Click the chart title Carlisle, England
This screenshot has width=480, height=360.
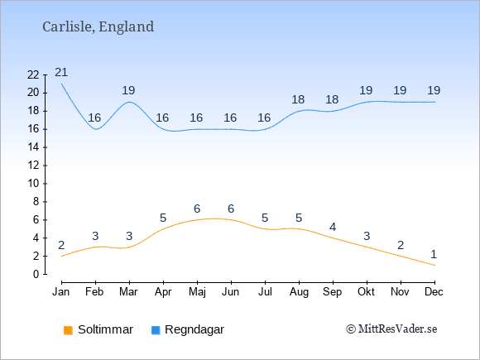click(x=98, y=27)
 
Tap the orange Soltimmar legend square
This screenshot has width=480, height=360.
click(x=68, y=330)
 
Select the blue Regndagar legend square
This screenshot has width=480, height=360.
click(x=156, y=330)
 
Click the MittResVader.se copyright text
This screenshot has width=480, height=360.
click(x=391, y=329)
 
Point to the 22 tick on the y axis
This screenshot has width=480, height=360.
click(x=33, y=74)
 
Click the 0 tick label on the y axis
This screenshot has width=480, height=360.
click(x=36, y=274)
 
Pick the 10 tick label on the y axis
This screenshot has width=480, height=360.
click(x=33, y=184)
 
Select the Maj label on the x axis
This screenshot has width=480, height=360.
click(x=197, y=292)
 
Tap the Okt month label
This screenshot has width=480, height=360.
click(x=366, y=292)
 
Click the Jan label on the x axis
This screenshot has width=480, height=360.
click(x=61, y=292)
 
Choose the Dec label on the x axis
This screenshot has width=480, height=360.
click(x=434, y=292)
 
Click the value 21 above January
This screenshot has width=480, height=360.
click(x=61, y=72)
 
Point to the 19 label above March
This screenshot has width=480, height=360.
click(x=128, y=90)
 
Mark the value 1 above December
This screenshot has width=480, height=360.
click(x=434, y=254)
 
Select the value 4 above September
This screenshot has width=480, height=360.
click(x=333, y=227)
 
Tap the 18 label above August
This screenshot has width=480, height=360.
click(x=298, y=99)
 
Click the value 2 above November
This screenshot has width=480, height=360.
click(x=401, y=245)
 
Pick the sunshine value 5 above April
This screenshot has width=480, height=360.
click(x=163, y=218)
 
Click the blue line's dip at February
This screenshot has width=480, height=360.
click(x=96, y=129)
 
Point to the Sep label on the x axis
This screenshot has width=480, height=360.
click(x=333, y=292)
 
